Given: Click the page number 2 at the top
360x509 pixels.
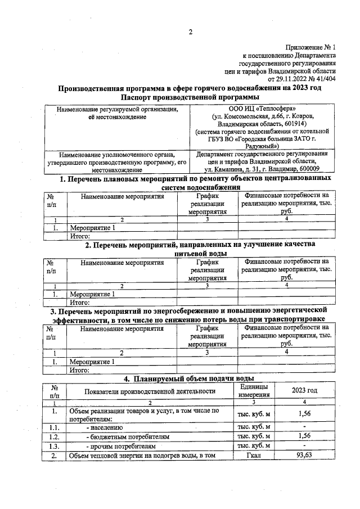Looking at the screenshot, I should pyautogui.click(x=190, y=31).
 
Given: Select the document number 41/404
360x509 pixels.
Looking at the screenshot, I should pyautogui.click(x=325, y=79).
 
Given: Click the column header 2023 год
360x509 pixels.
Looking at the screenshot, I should pyautogui.click(x=304, y=390).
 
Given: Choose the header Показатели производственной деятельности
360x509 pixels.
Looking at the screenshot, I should pyautogui.click(x=150, y=391).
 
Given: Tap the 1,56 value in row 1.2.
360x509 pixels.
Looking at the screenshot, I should pyautogui.click(x=304, y=436).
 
